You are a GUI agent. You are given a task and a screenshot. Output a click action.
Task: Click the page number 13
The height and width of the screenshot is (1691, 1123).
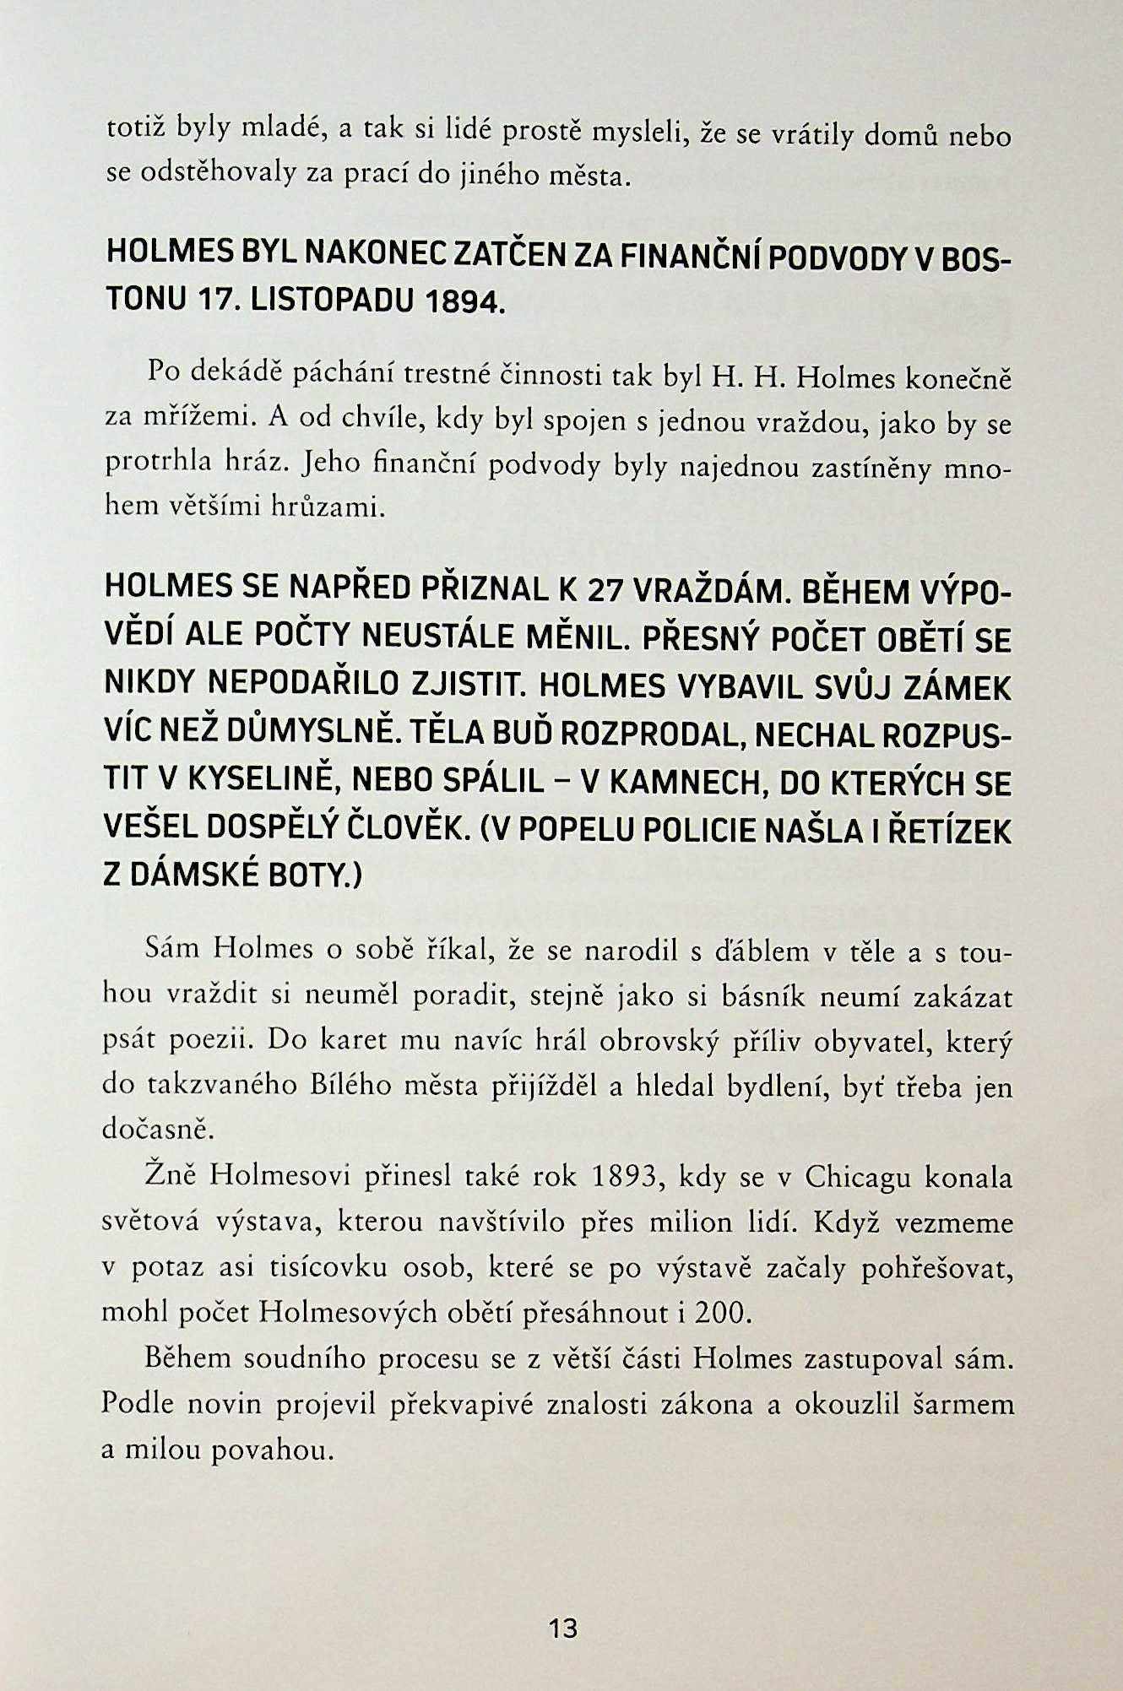point(562,1629)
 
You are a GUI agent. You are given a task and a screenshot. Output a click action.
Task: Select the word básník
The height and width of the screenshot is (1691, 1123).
point(769,997)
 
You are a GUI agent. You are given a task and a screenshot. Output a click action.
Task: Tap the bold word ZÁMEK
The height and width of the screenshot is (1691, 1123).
point(958,688)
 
